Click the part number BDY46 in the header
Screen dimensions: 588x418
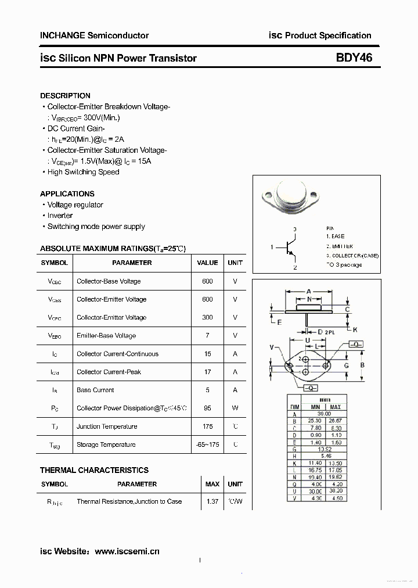(x=354, y=58)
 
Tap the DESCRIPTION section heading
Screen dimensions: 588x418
(x=65, y=95)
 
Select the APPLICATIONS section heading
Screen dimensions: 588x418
(x=67, y=193)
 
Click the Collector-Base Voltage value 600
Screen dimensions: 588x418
(x=207, y=281)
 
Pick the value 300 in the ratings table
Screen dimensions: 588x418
(x=207, y=317)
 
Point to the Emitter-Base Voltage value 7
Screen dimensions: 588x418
(x=207, y=335)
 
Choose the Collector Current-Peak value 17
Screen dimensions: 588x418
(x=207, y=372)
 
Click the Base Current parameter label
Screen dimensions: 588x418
(x=95, y=390)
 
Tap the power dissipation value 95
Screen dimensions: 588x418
(x=207, y=408)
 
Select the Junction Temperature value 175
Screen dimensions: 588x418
(x=207, y=426)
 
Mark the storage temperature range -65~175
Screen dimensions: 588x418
(x=207, y=444)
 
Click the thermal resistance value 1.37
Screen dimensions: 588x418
(x=212, y=501)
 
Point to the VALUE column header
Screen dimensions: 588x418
(x=207, y=263)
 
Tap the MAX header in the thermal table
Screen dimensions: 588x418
(x=212, y=484)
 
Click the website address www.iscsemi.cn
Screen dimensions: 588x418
(x=127, y=551)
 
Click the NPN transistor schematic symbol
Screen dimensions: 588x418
(x=290, y=248)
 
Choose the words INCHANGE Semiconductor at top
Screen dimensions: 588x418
(x=94, y=35)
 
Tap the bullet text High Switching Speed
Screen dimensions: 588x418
(x=83, y=172)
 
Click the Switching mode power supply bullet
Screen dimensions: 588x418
(x=96, y=227)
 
